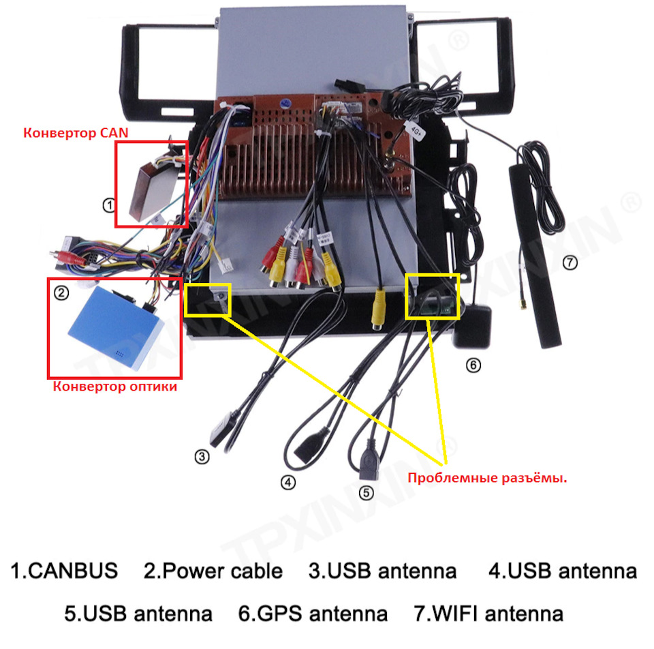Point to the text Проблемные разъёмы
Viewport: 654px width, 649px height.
click(487, 478)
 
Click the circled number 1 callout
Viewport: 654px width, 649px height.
click(108, 205)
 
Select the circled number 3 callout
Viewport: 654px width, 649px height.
click(201, 457)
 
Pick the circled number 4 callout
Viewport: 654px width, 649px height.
click(289, 482)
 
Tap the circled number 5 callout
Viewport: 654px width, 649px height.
click(366, 492)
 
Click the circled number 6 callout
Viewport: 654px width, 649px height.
click(473, 365)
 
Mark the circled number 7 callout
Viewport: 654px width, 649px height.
click(570, 262)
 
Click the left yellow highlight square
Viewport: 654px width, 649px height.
click(208, 299)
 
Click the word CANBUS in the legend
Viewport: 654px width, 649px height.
click(74, 571)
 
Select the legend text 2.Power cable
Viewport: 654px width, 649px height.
click(213, 571)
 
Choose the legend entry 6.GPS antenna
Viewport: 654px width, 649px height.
click(313, 614)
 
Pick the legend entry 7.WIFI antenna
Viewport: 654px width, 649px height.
click(488, 614)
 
